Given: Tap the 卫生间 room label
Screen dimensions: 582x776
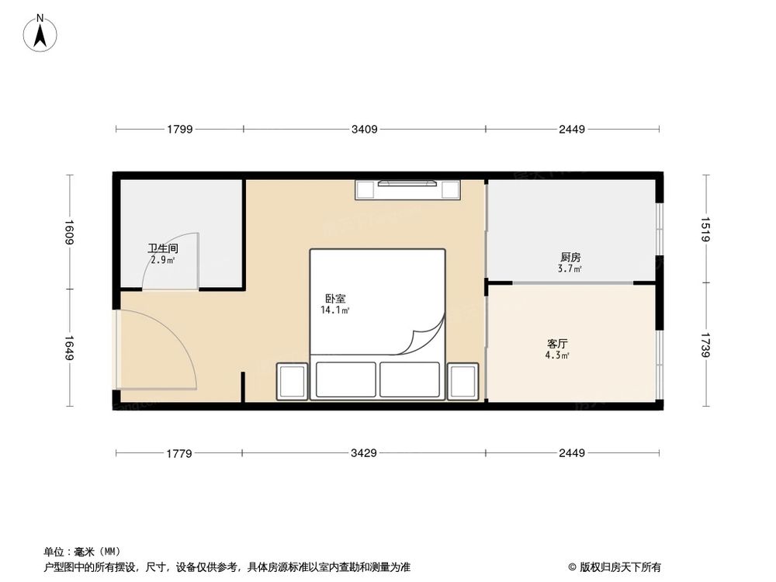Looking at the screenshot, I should pyautogui.click(x=164, y=249).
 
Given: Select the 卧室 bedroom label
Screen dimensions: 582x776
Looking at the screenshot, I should pyautogui.click(x=335, y=299).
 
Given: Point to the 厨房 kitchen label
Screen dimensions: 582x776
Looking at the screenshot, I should pyautogui.click(x=570, y=257).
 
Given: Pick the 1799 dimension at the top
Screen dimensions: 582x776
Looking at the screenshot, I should pyautogui.click(x=179, y=130).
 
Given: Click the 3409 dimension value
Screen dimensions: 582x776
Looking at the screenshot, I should pyautogui.click(x=364, y=130).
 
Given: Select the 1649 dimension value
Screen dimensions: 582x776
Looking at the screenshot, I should pyautogui.click(x=69, y=348).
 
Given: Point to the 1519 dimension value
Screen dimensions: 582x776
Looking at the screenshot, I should pyautogui.click(x=706, y=229).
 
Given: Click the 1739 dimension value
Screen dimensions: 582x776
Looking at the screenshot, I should pyautogui.click(x=706, y=345).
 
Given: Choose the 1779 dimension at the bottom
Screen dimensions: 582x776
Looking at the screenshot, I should pyautogui.click(x=178, y=452).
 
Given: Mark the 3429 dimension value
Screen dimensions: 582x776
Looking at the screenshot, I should pyautogui.click(x=363, y=452).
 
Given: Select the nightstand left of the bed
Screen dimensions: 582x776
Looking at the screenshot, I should pyautogui.click(x=292, y=382).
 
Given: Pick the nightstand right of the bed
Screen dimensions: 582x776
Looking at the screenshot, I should pyautogui.click(x=462, y=382).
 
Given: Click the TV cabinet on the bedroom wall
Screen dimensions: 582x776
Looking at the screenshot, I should pyautogui.click(x=408, y=189).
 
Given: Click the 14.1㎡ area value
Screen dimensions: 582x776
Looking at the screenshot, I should pyautogui.click(x=335, y=310).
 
